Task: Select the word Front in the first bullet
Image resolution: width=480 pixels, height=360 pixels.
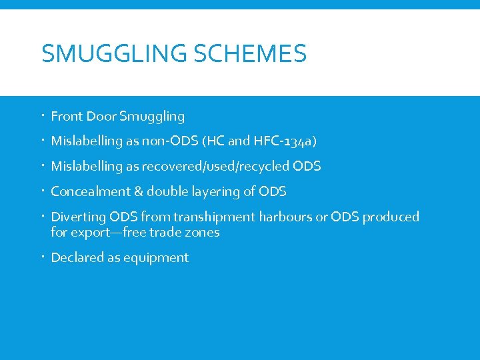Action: click(x=67, y=117)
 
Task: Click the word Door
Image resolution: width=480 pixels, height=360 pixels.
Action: click(x=101, y=117)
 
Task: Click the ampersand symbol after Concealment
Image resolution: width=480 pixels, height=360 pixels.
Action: click(x=139, y=192)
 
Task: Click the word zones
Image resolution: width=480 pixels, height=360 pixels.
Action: click(x=203, y=233)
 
